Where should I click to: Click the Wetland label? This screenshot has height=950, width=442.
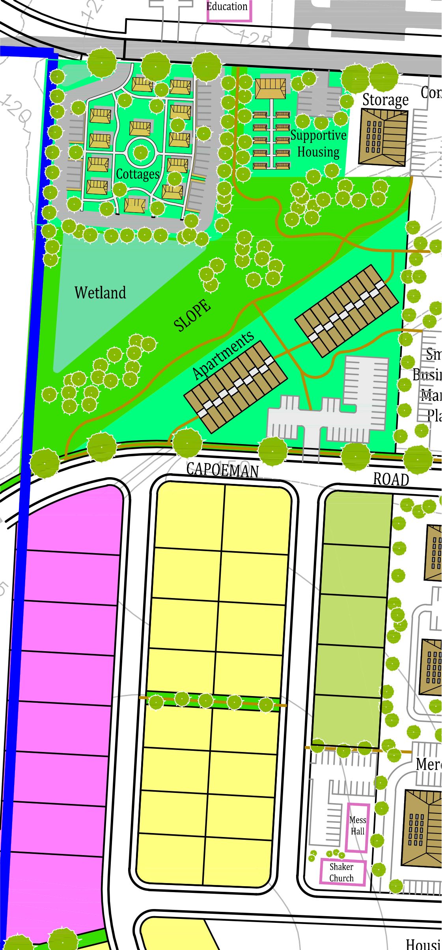100,293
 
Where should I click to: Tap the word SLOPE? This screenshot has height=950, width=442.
192,315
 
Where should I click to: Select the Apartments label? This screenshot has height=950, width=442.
223,355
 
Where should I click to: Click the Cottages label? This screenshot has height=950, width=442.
138,174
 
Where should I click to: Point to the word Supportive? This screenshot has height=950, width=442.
318,135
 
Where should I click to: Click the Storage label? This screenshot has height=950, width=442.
385,100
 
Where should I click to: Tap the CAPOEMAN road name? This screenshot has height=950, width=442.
222,470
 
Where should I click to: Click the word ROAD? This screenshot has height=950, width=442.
391,480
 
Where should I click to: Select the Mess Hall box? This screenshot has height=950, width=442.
358,827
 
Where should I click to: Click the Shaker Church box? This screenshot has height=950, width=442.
341,872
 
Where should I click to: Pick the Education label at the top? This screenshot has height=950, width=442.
228,7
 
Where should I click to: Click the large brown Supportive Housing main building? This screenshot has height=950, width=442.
270,88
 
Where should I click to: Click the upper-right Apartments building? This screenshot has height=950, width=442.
347,311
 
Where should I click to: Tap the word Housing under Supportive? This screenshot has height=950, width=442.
318,152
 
